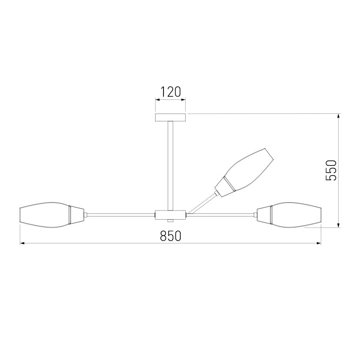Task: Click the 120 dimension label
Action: pos(170,92)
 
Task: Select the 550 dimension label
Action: pos(330,170)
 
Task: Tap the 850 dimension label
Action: pos(170,236)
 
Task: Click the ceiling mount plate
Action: pos(170,117)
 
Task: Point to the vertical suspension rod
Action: pos(170,165)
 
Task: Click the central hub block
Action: pos(170,215)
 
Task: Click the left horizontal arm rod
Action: pos(121,215)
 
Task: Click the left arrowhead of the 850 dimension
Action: pos(22,243)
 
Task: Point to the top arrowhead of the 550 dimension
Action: pos(339,116)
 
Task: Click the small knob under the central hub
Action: pos(170,221)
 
